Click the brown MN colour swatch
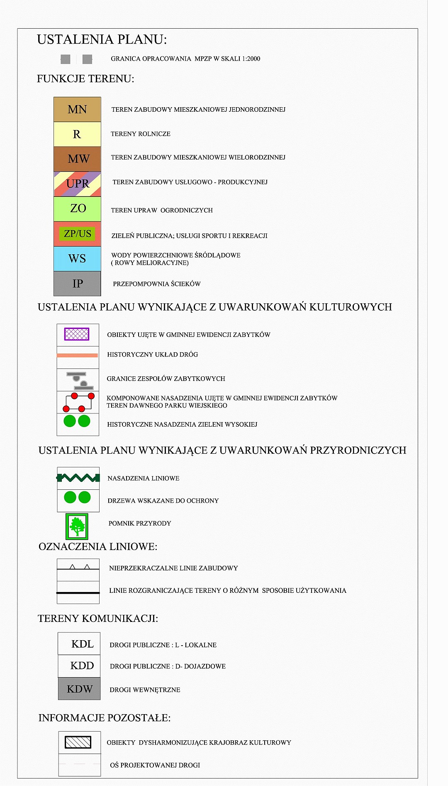pos(77,109)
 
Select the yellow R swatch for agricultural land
pos(77,134)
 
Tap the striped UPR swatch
pos(77,184)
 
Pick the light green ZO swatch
pos(77,209)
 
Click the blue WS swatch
pos(77,258)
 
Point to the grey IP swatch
pos(77,283)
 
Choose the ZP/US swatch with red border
pos(77,233)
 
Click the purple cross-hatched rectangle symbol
pos(77,334)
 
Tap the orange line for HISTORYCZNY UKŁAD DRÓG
pos(77,355)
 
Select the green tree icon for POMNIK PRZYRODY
pos(77,526)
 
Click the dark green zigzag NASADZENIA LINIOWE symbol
pos(78,478)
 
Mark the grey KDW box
pos(79,689)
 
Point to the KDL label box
pos(79,644)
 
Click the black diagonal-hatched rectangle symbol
pos(78,742)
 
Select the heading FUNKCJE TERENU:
pos(85,79)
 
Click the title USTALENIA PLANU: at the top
pos(102,39)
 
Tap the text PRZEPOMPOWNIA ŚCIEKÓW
pos(157,284)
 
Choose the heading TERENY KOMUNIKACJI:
pos(98,619)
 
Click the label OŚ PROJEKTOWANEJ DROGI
pos(155,765)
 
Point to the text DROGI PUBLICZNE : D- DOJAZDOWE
pos(168,666)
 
